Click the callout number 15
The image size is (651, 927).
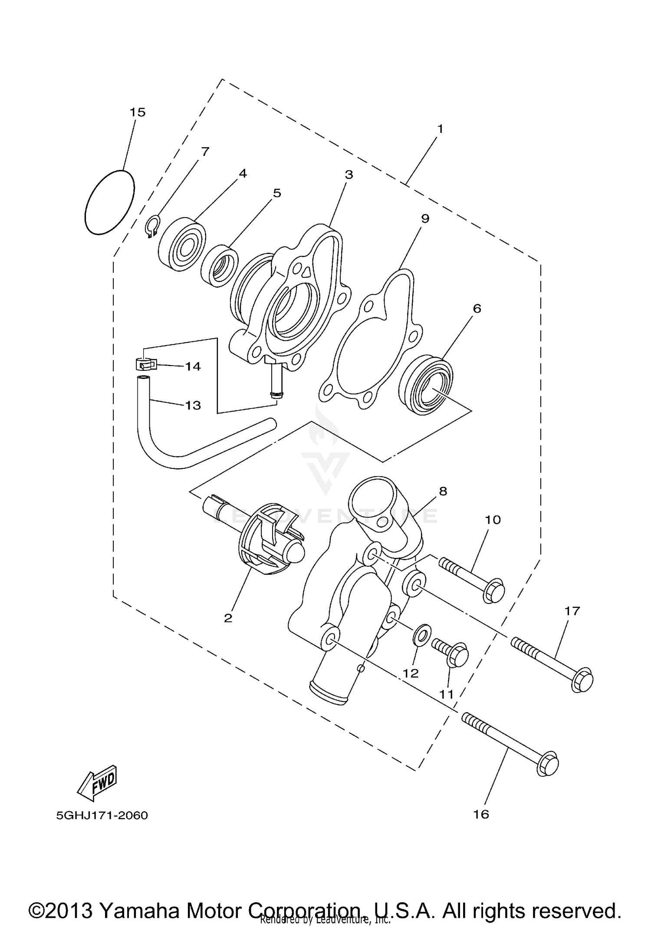[x=138, y=112]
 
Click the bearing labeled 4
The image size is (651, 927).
[x=182, y=247]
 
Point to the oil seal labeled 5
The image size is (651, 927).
[x=220, y=266]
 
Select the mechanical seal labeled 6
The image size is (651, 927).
[x=425, y=385]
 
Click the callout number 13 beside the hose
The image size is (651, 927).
[x=193, y=405]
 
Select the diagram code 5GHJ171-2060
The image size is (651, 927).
[x=102, y=815]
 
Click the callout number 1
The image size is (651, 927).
[x=440, y=129]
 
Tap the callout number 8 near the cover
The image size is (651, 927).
[x=443, y=491]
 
